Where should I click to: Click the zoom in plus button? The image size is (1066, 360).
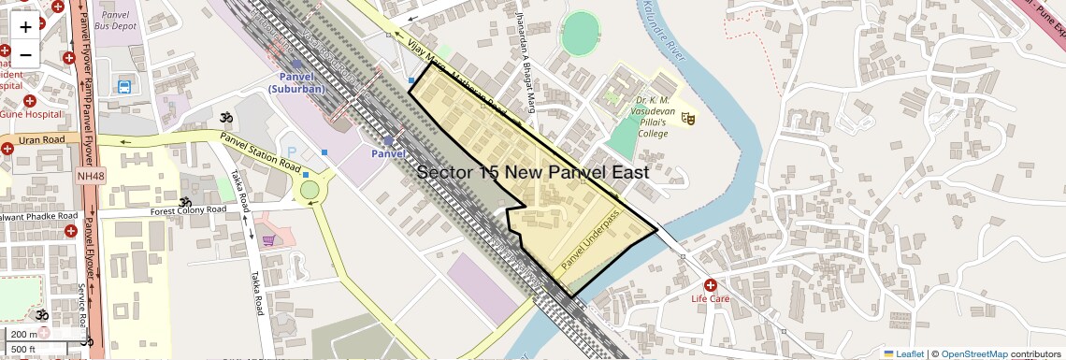[x=25, y=27]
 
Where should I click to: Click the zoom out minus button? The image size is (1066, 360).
[x=25, y=54]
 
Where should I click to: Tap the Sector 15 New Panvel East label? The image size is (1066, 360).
[x=532, y=172]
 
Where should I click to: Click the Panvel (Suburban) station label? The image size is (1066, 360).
[x=295, y=82]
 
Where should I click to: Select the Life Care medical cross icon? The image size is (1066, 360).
[x=711, y=284]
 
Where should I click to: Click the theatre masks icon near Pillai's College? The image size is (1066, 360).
[x=688, y=118]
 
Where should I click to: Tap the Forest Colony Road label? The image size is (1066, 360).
[x=188, y=211]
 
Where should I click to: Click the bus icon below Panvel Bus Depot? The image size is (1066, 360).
[x=123, y=88]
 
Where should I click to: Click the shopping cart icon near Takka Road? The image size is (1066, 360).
[x=268, y=240]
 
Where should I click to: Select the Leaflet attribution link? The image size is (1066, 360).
[x=903, y=353]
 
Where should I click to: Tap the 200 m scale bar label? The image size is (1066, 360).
[x=24, y=335]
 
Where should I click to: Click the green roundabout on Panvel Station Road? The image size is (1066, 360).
[x=309, y=190]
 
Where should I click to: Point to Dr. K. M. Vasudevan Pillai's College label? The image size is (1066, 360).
[x=655, y=116]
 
